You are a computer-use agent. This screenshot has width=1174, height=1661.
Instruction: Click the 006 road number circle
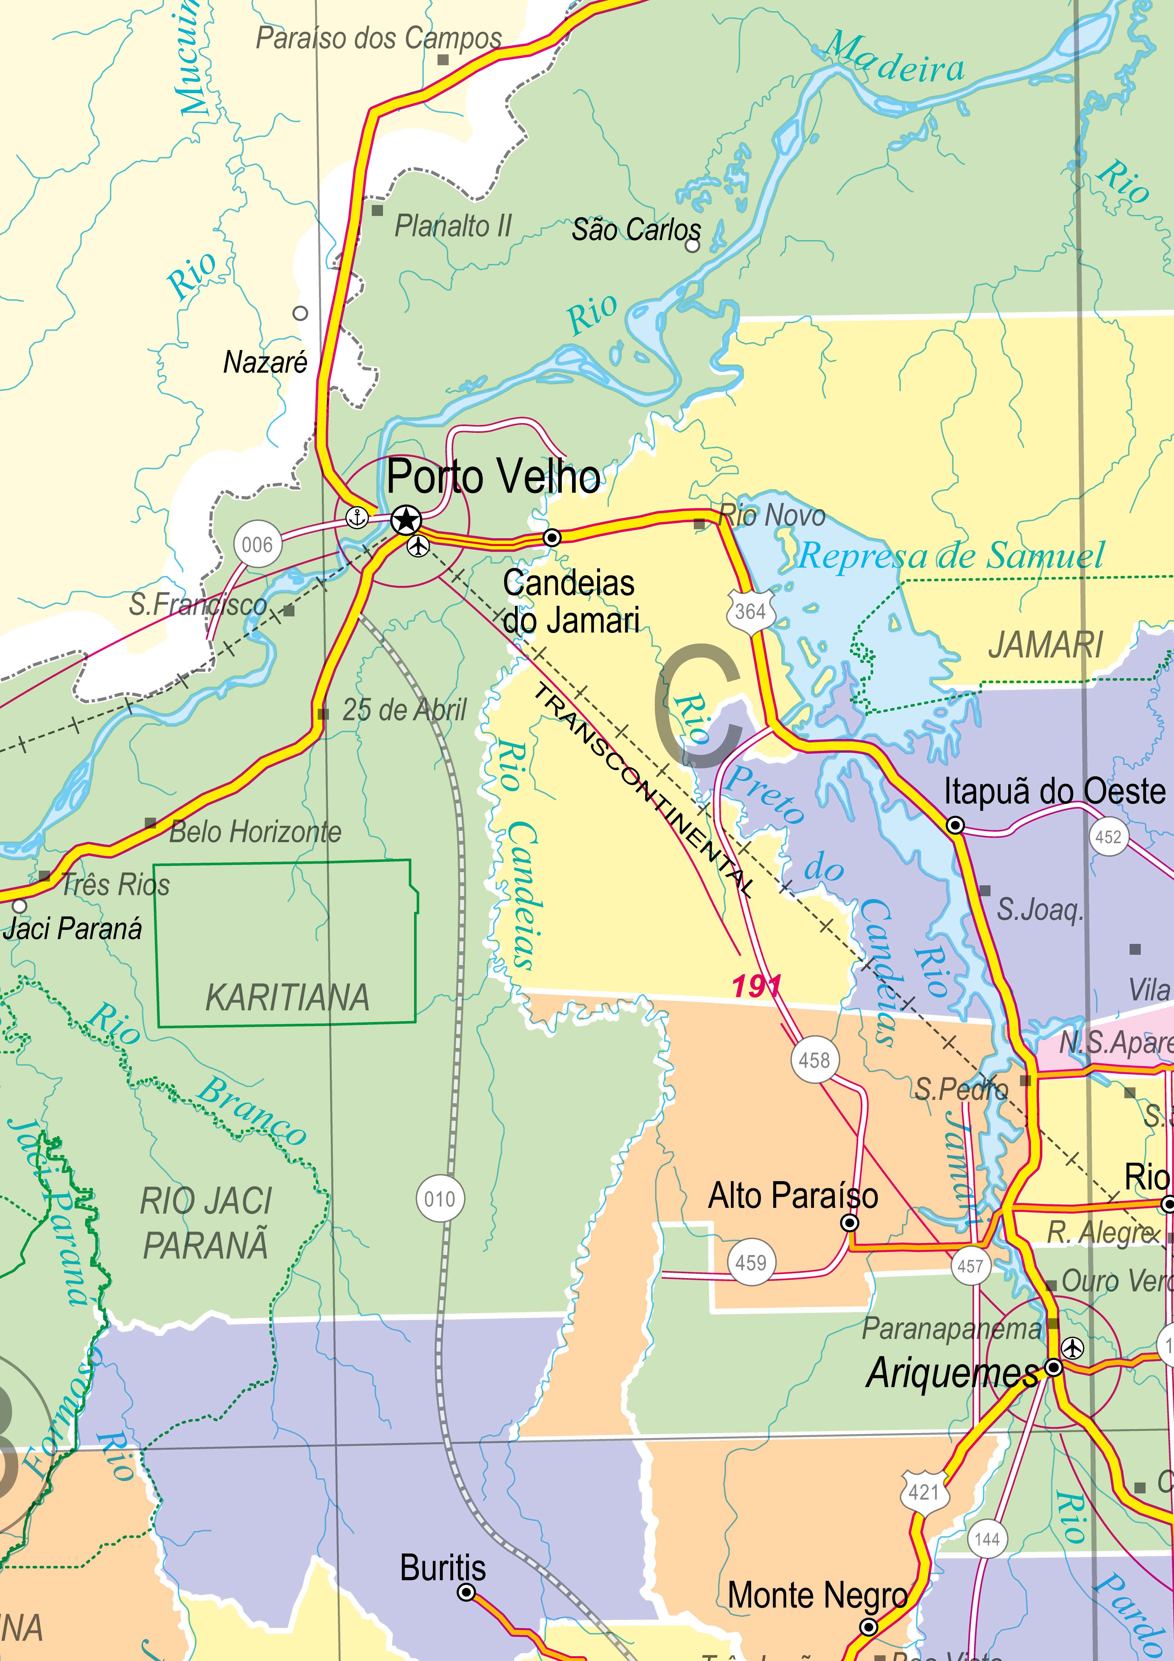257,544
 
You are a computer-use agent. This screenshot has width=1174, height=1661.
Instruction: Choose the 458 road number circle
815,1061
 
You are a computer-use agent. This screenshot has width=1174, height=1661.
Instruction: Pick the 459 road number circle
751,1263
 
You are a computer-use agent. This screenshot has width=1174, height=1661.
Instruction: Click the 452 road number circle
1108,838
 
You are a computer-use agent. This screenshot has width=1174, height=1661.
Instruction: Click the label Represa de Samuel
952,556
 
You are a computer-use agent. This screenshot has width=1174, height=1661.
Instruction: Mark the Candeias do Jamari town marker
552,538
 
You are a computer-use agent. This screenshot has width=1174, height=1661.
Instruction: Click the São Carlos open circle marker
692,245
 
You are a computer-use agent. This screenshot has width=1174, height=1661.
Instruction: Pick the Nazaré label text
265,362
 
